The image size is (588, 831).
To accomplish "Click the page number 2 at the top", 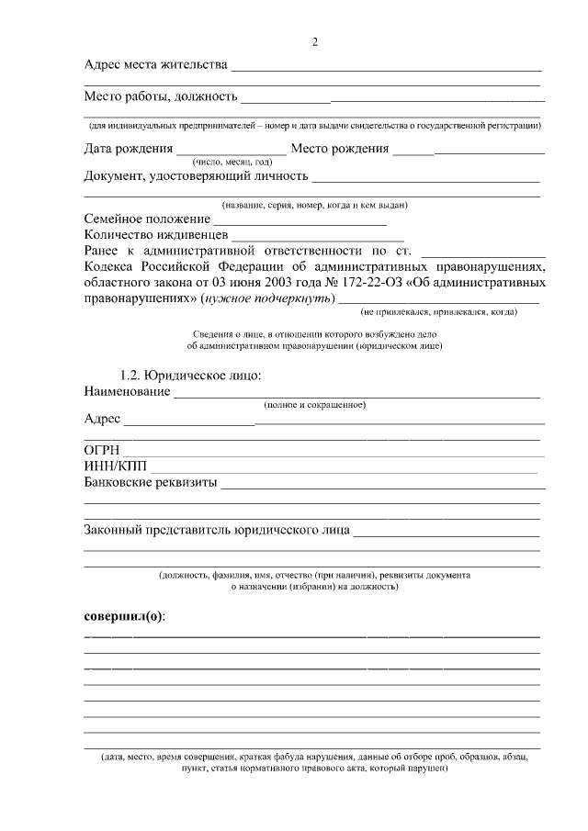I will point(314,41).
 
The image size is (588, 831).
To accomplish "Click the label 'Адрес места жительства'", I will point(154,65).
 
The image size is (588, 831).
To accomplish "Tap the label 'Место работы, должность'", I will point(161,95).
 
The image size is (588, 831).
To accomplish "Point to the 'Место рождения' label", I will point(339,149).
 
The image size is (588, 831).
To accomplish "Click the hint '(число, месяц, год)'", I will point(232,162).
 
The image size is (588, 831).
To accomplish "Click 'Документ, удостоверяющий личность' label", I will point(195,175).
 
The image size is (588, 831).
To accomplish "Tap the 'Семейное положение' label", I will point(146,219).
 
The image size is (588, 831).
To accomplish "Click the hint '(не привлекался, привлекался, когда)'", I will point(439,312).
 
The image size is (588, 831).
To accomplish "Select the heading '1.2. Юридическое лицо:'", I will point(191,376).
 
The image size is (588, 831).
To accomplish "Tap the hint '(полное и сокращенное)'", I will point(314,405).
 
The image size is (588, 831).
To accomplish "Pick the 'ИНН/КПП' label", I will point(115,466).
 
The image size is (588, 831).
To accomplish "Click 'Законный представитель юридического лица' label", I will point(216,531).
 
